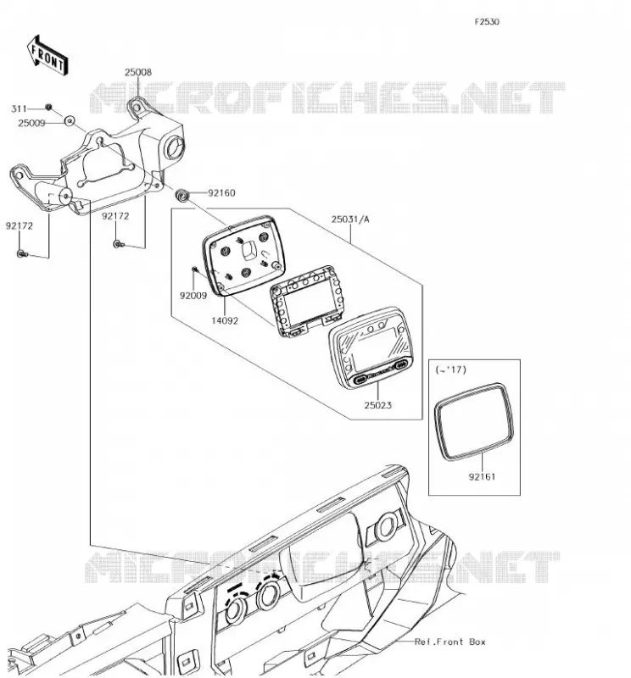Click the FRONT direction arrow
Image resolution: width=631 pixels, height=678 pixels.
47,55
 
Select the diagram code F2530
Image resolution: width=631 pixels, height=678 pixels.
487,22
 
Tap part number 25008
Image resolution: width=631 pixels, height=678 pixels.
138,73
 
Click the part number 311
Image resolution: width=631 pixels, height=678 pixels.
19,108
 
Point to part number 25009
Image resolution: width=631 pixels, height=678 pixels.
31,123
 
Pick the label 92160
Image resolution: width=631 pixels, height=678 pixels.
221,193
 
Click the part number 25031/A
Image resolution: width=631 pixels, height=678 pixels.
350,220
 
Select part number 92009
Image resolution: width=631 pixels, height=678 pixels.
193,296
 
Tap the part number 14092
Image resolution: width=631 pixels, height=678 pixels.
225,321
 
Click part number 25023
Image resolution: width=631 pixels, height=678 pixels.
377,405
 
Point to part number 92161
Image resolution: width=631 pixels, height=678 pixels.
482,477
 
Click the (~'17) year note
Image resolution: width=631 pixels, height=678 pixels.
450,370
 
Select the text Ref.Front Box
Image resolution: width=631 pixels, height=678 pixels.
450,642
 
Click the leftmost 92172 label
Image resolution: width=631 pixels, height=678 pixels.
19,225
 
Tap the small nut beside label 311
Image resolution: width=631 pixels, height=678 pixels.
48,108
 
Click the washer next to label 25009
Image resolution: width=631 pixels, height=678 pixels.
70,121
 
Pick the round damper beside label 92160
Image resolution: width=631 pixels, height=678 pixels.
182,195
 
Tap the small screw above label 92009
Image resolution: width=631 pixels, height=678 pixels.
195,270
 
